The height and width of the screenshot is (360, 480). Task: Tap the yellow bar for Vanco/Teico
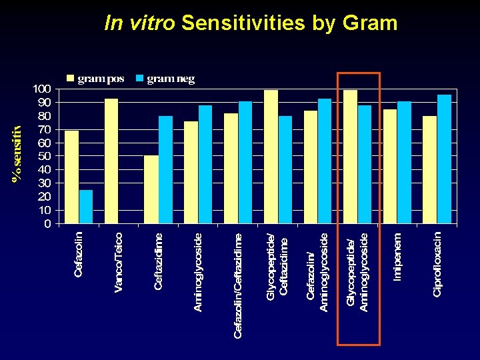[111, 161]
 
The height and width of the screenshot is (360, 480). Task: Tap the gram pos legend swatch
[71, 79]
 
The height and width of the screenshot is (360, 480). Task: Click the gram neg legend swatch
[140, 79]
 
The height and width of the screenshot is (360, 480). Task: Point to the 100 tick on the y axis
[42, 89]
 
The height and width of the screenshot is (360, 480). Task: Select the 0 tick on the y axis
[47, 223]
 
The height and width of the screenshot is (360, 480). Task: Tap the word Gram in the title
[370, 23]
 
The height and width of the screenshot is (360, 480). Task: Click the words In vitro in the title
[140, 23]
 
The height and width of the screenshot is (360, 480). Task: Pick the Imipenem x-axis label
[397, 256]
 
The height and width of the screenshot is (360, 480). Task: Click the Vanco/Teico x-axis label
[119, 261]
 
